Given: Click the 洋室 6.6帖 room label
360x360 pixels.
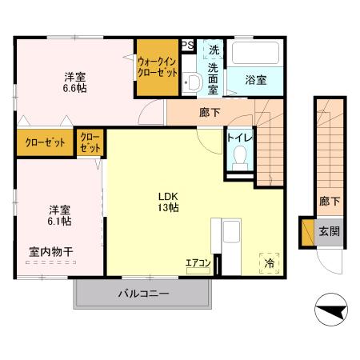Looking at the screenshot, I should tap(76, 83).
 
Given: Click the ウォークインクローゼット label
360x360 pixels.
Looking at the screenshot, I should tap(156, 66).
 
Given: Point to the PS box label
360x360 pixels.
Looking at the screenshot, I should tap(187, 46).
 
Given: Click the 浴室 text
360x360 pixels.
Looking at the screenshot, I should tap(255, 79).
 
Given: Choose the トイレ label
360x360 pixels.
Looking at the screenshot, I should tap(239, 137).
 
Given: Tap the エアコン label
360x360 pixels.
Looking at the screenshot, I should tap(198, 262).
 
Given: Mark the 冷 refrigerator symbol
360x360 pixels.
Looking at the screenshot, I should tap(269, 262).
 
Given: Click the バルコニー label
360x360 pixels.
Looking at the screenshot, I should tap(144, 294).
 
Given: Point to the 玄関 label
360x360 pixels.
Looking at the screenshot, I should tap(330, 231).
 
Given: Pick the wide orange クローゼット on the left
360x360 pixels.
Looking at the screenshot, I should tap(45, 143).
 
